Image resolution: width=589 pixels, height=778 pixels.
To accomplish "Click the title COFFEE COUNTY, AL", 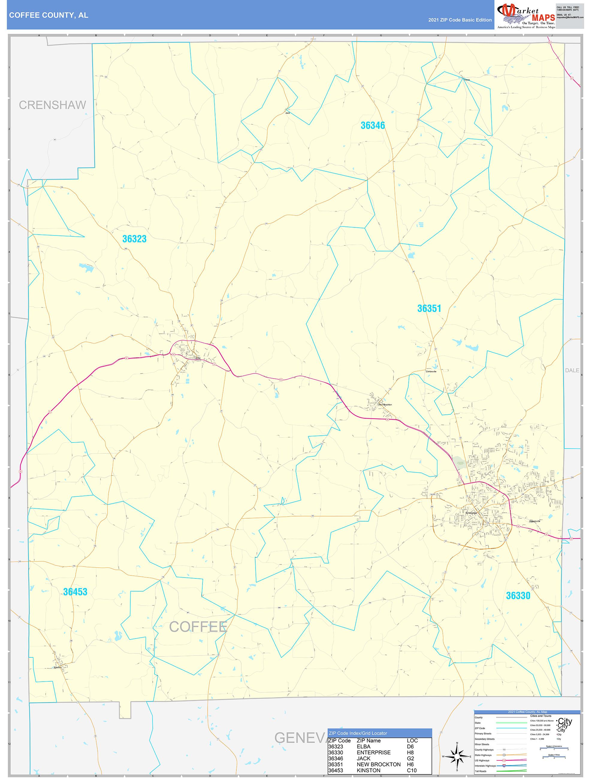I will pyautogui.click(x=49, y=15).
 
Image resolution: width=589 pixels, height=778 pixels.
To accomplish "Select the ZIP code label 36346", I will pyautogui.click(x=372, y=126).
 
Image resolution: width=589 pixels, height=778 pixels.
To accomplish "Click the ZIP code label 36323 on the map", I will pyautogui.click(x=134, y=239).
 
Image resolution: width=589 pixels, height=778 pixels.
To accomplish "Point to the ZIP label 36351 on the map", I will pyautogui.click(x=429, y=309).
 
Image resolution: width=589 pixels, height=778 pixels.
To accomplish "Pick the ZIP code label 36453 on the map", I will pyautogui.click(x=75, y=592).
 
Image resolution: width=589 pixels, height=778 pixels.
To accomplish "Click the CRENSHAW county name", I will pyautogui.click(x=52, y=105).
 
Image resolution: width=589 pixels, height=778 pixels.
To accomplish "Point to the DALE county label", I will pyautogui.click(x=572, y=370).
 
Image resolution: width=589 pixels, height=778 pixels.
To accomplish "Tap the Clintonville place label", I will pyautogui.click(x=431, y=371).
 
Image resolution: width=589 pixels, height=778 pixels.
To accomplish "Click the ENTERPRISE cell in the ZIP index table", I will pyautogui.click(x=373, y=752).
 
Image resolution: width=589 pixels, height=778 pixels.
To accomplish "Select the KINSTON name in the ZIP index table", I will pyautogui.click(x=368, y=770).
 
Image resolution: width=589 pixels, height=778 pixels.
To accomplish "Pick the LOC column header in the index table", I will pyautogui.click(x=412, y=740).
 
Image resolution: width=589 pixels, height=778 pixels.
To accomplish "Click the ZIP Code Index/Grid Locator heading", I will pyautogui.click(x=357, y=733).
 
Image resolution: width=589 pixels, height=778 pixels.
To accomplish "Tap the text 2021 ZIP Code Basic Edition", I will pyautogui.click(x=460, y=20).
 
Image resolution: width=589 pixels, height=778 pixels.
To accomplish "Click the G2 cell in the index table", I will pyautogui.click(x=410, y=758).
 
